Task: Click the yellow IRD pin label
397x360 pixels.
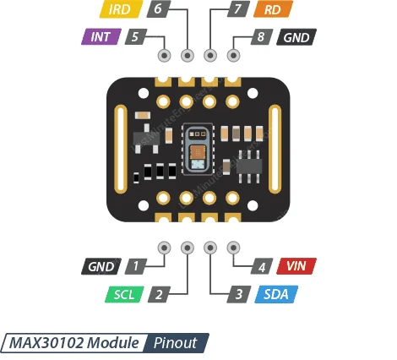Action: coord(120,10)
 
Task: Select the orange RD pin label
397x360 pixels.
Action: coord(272,10)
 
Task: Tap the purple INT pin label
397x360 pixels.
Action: coord(101,37)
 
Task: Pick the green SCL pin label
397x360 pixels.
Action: coord(125,294)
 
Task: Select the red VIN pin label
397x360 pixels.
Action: coord(296,266)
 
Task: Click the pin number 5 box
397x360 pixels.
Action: coord(135,37)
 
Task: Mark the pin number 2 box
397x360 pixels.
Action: coord(157,294)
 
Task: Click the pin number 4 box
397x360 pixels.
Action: coord(263,266)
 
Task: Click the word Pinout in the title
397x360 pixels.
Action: coord(175,342)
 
